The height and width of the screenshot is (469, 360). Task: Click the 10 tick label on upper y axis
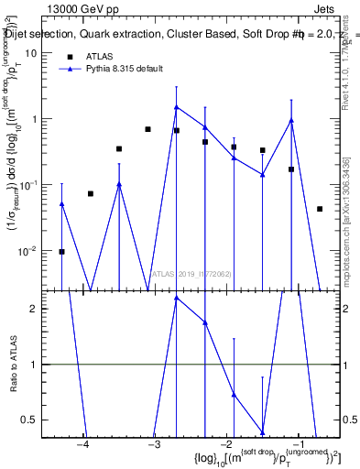pyautogui.click(x=30, y=53)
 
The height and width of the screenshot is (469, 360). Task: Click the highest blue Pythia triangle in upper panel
pyautogui.click(x=177, y=107)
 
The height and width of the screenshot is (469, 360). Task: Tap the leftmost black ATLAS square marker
pyautogui.click(x=61, y=251)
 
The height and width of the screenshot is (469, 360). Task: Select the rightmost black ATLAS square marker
pyautogui.click(x=320, y=209)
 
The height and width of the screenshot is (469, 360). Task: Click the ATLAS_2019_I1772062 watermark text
pyautogui.click(x=192, y=273)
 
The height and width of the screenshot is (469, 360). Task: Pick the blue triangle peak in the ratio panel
pyautogui.click(x=177, y=298)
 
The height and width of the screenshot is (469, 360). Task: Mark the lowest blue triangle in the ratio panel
pyautogui.click(x=263, y=433)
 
